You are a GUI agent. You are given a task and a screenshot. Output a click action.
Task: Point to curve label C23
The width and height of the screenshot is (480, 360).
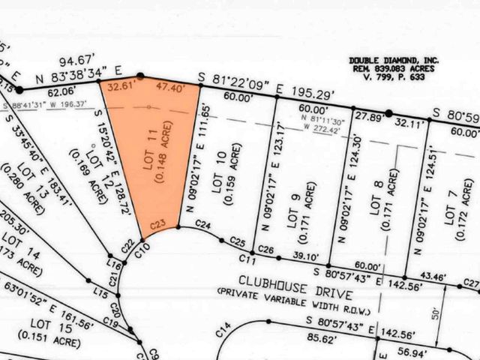tap(157, 223)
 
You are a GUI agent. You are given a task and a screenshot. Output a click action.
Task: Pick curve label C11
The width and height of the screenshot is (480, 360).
tap(249, 260)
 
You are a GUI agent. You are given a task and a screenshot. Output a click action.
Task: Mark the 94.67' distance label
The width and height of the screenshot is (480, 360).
tap(85, 59)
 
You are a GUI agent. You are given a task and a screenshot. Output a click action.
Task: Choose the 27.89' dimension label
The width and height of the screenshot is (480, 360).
tap(368, 116)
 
